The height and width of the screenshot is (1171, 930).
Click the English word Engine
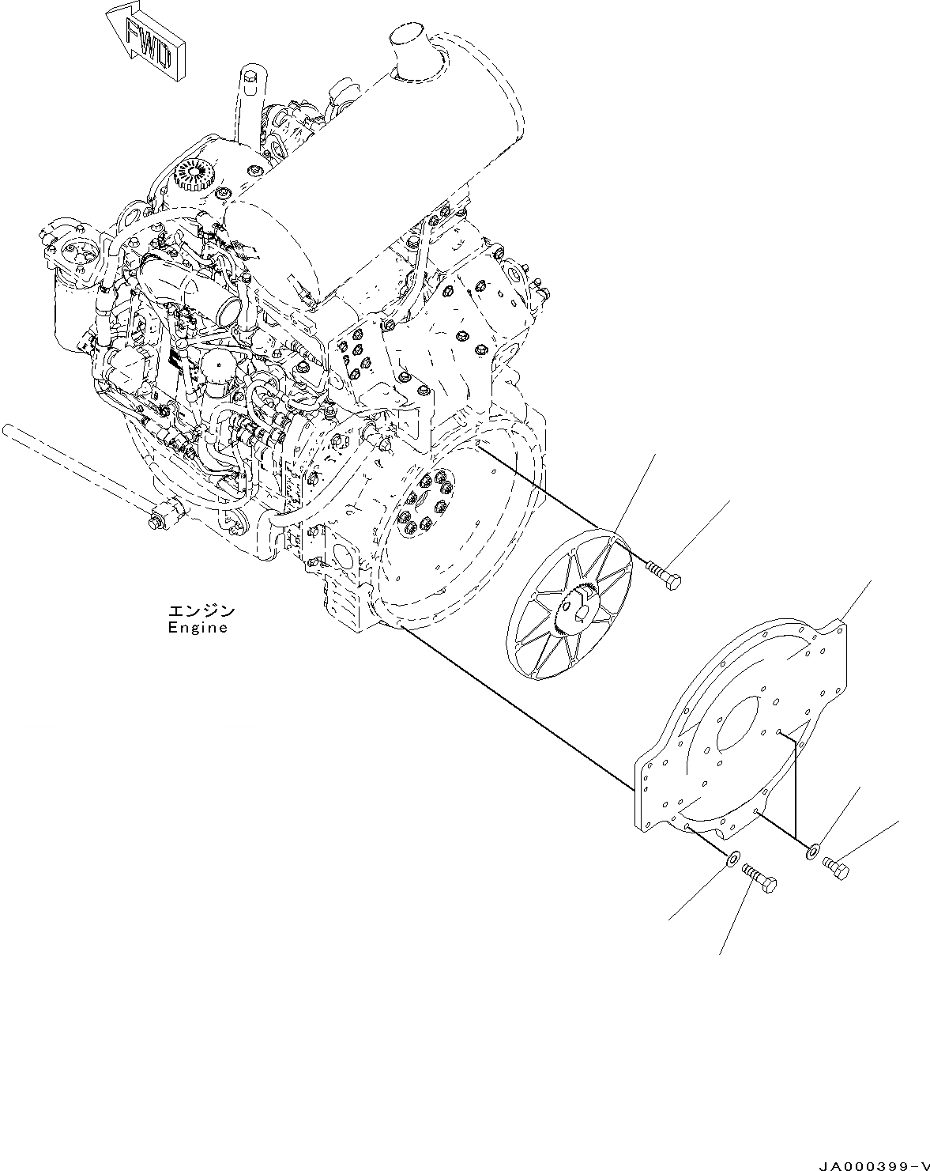197,629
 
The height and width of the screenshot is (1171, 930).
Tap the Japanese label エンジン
201,611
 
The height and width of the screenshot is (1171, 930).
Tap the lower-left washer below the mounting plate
732,857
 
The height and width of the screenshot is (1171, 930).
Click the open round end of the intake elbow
228,305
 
